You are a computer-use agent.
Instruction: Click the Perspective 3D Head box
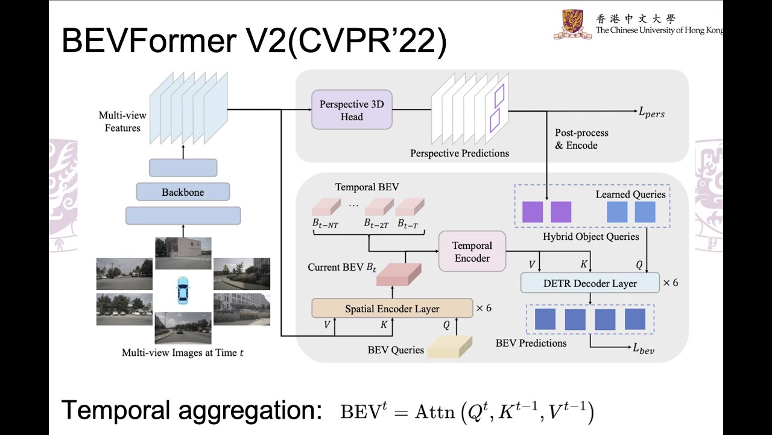(352, 110)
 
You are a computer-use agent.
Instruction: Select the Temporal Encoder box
(472, 251)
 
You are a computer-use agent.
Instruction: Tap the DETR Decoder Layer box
(590, 283)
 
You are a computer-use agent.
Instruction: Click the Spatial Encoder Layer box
(392, 308)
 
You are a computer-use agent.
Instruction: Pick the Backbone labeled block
(183, 192)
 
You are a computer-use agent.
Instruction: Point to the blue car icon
(183, 290)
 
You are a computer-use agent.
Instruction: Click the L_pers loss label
(651, 112)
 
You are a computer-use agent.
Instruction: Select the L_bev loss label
(644, 349)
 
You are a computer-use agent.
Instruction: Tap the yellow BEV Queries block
(450, 347)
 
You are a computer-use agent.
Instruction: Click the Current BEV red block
(399, 274)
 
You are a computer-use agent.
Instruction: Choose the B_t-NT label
(325, 224)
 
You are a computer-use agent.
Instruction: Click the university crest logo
(572, 24)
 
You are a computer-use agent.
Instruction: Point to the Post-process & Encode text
(581, 139)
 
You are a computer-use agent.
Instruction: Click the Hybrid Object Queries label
(590, 236)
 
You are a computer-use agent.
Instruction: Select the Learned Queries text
(630, 195)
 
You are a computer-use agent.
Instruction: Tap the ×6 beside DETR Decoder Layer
(670, 283)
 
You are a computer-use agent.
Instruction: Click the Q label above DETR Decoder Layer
(639, 265)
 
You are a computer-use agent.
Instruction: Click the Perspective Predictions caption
(460, 153)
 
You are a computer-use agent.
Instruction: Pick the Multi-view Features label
(122, 121)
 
